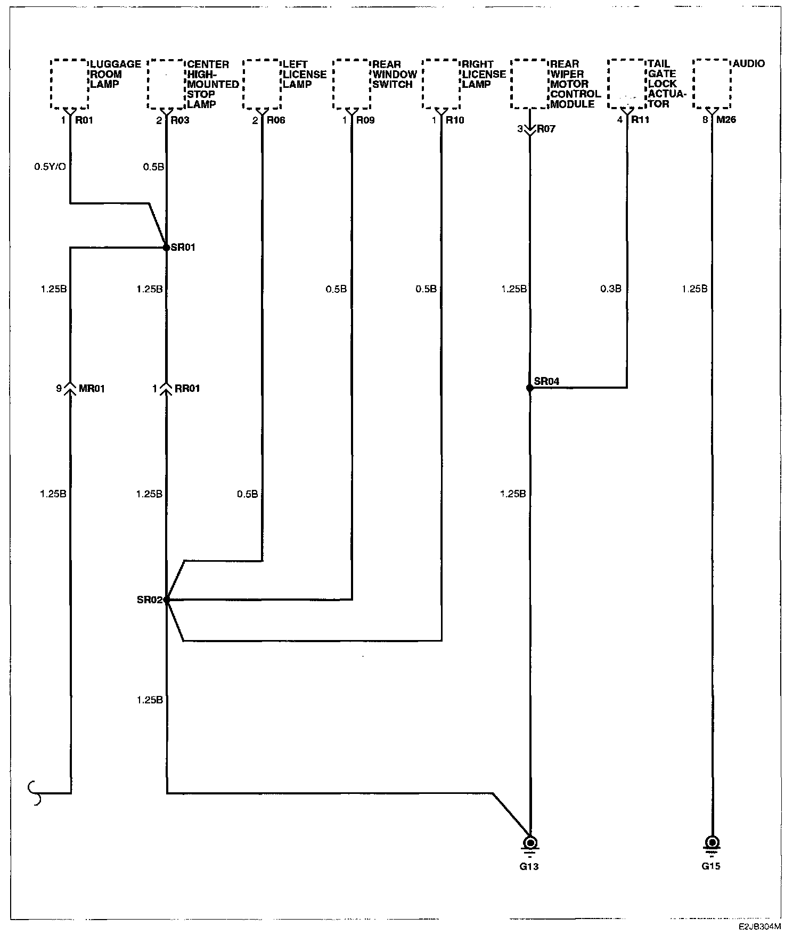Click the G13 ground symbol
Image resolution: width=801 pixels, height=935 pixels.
(x=530, y=844)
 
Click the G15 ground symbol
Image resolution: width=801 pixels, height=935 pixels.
(x=711, y=844)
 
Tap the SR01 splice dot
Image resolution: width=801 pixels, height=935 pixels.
(x=166, y=248)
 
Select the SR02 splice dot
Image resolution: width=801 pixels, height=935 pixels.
(x=167, y=600)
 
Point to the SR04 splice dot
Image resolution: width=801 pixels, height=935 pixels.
(x=529, y=388)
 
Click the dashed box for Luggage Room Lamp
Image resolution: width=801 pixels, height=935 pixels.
(x=69, y=84)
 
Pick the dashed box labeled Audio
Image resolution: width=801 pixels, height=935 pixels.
(x=712, y=84)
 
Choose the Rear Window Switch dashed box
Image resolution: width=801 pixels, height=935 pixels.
(x=352, y=84)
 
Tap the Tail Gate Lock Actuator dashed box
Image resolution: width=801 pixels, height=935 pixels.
(x=627, y=84)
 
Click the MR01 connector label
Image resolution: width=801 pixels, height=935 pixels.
(x=92, y=389)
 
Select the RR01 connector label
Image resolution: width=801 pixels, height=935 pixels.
(x=187, y=389)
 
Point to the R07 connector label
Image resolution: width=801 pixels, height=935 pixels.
(x=546, y=129)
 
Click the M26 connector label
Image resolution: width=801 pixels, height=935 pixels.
(x=726, y=120)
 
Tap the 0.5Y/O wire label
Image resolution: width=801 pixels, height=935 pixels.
(x=50, y=167)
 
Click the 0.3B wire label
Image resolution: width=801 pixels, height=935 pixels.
(x=611, y=289)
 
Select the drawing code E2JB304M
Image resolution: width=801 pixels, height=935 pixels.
(x=759, y=926)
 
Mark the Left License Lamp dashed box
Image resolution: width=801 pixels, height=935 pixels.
(x=261, y=84)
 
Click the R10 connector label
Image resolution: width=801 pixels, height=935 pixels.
(x=455, y=120)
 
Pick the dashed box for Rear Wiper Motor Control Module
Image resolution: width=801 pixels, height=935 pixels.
(x=529, y=84)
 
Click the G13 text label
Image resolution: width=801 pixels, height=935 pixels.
(x=529, y=866)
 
